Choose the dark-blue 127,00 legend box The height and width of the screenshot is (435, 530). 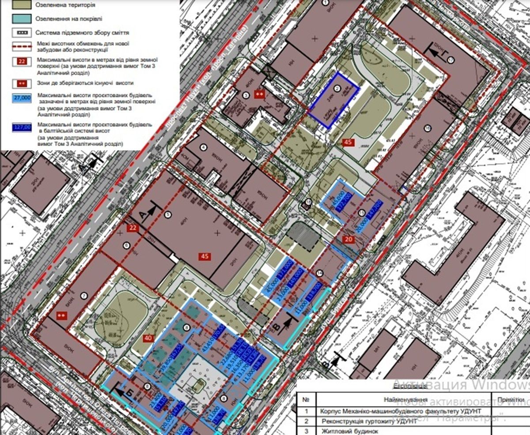(23, 127)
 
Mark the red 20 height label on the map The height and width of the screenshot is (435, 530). (349, 239)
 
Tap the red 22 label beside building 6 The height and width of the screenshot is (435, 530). (132, 228)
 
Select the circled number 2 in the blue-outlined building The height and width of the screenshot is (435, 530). (337, 89)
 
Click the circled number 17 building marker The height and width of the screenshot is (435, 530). (450, 60)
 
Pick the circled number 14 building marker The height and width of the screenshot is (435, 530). (320, 274)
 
